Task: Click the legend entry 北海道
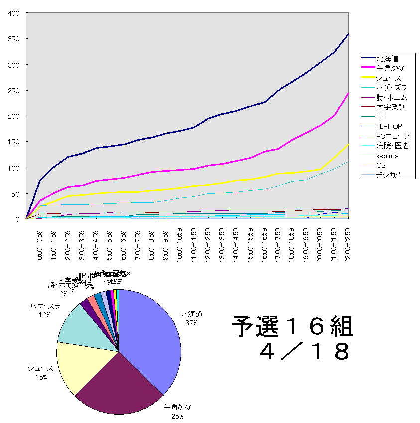(x=387, y=58)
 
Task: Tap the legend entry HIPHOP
(x=389, y=126)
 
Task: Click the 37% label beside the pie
(x=192, y=322)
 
